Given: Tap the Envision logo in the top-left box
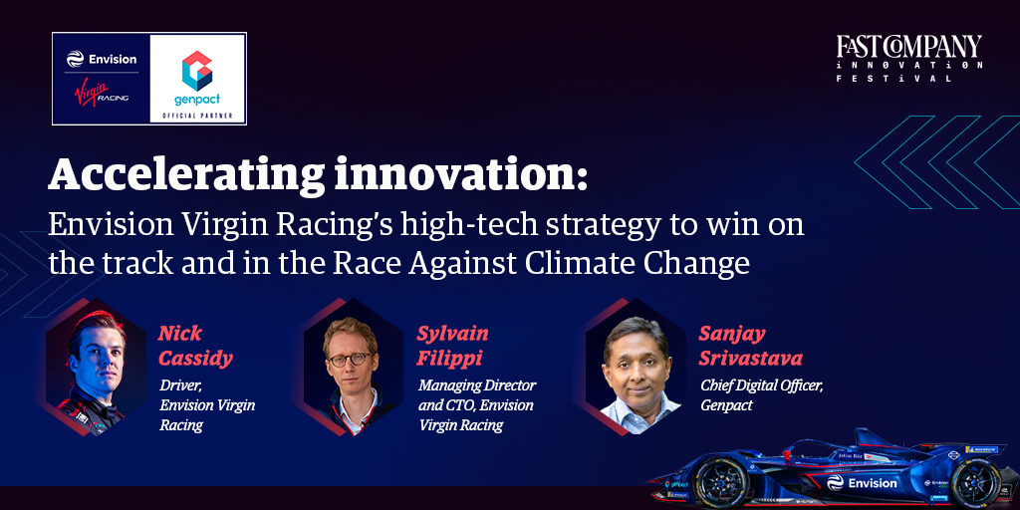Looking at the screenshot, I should (x=102, y=59).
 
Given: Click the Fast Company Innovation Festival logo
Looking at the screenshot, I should (x=908, y=59).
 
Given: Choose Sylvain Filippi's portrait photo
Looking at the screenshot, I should (x=350, y=366).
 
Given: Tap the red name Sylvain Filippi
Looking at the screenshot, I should (x=453, y=346).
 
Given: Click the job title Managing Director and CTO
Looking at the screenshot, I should (x=476, y=395).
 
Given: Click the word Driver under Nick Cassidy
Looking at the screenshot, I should (x=180, y=385).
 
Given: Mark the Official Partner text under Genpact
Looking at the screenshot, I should (x=197, y=116).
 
